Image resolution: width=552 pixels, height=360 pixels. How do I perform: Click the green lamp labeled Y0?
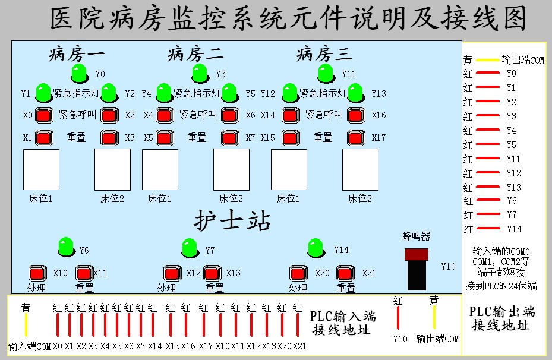pos(79,74)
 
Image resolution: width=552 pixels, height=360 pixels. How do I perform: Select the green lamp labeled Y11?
pos(326,74)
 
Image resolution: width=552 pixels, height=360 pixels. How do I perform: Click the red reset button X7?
pos(230,137)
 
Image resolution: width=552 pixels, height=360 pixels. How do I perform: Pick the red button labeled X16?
pos(355,115)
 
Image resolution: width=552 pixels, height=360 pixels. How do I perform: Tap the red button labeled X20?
pos(297,273)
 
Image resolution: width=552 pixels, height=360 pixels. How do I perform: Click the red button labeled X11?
pos(84,273)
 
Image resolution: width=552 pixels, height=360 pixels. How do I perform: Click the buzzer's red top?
pos(416,254)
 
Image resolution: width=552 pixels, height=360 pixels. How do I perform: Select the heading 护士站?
pos(232,221)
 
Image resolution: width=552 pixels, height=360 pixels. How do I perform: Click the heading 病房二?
pos(195,55)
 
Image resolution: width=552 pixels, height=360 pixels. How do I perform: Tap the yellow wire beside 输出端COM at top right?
pos(487,60)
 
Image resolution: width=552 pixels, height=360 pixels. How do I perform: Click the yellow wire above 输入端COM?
pos(26,324)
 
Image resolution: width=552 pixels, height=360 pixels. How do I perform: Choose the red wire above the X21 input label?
pos(298,324)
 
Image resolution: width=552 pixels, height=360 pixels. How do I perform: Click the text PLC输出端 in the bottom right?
pos(502,311)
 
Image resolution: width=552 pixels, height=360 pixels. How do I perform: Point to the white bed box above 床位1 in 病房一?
pos(41,169)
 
